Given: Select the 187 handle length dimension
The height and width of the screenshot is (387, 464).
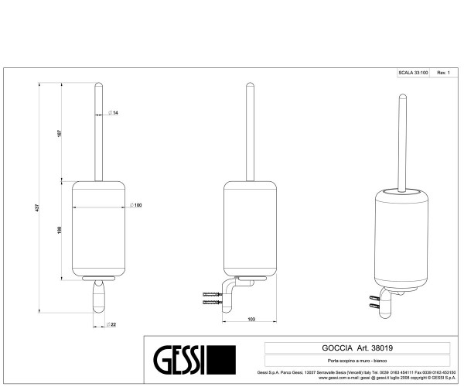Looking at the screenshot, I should click(x=60, y=133).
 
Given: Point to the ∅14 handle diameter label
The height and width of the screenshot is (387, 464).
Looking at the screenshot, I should click(x=113, y=113).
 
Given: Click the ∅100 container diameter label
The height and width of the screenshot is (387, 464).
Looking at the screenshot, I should click(x=138, y=205).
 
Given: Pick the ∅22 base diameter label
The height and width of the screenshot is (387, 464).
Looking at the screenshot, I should click(x=113, y=324).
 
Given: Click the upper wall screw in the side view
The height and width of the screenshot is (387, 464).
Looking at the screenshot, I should click(x=210, y=293).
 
